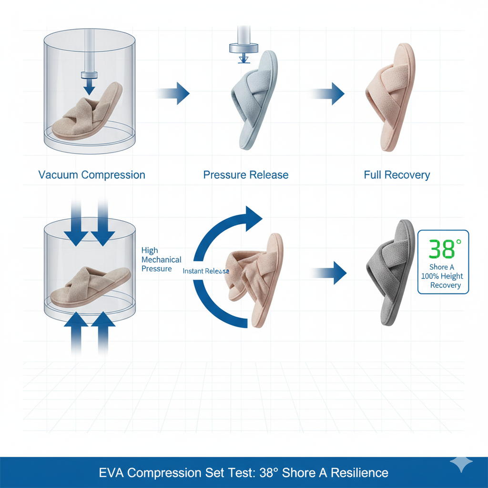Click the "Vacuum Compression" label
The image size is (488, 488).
(91, 175)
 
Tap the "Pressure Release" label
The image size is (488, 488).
(245, 175)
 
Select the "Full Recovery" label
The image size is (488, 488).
(396, 175)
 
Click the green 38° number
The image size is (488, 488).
(445, 249)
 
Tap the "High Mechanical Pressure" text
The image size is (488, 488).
(161, 260)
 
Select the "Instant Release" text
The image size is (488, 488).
(206, 271)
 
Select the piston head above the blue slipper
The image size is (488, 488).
(243, 47)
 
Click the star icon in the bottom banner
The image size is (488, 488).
(461, 464)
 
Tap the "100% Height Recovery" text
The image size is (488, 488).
(442, 281)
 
